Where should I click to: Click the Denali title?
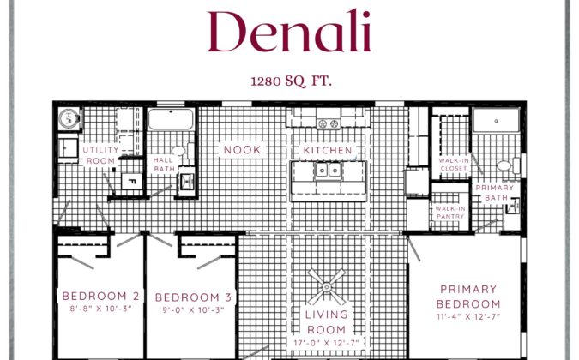289,32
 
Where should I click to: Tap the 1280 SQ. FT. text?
291,81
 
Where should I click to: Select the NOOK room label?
242,150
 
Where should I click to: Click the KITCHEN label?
328,150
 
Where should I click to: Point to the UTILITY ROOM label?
101,155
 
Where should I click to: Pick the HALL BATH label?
164,164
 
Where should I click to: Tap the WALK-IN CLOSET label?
454,165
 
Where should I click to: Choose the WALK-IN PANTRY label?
450,213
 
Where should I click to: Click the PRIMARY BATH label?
495,193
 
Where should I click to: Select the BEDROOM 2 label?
101,296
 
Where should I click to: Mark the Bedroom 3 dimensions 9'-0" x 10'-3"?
194,309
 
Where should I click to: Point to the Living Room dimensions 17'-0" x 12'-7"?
327,343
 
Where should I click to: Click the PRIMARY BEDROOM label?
468,297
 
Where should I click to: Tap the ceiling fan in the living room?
327,287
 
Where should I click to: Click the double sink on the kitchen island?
328,170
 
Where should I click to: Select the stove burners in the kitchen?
329,123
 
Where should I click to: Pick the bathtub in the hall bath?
171,119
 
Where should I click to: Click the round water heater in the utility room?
69,118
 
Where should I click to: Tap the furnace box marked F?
132,181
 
